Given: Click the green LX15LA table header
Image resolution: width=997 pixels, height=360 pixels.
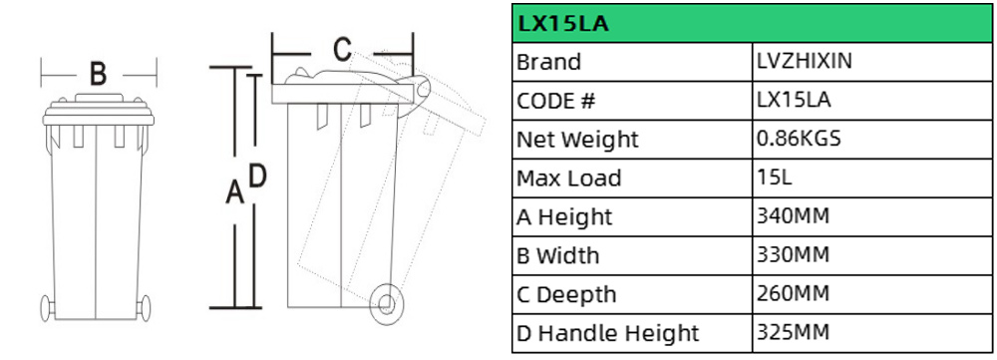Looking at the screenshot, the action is (x=752, y=24).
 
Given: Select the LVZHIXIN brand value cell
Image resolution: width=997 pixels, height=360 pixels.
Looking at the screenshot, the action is (x=805, y=61).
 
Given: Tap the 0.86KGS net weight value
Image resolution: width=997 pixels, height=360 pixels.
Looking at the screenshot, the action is (x=799, y=138).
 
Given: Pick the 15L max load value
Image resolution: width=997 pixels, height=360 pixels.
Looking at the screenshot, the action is (x=775, y=177).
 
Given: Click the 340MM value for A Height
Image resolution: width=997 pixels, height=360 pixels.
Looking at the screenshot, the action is (x=793, y=215).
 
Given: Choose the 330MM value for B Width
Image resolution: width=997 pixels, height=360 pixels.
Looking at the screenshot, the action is (x=793, y=254).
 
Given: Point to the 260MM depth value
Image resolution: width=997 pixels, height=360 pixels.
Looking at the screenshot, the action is (x=793, y=293).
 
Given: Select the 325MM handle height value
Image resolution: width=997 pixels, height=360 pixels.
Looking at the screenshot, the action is (x=793, y=332).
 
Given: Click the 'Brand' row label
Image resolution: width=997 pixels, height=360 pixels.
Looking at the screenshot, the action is (x=548, y=63).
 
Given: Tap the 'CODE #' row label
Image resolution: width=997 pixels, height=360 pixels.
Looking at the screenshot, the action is (x=556, y=101).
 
